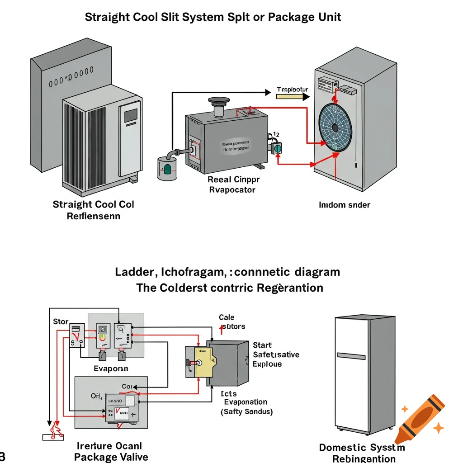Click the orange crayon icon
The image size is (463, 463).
tap(419, 419)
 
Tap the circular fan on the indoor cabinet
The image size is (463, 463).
tap(335, 128)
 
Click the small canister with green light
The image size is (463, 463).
tap(167, 169)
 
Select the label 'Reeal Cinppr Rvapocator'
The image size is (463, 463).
tap(233, 184)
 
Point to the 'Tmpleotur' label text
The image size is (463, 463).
tap(292, 90)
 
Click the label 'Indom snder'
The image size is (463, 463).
tap(344, 205)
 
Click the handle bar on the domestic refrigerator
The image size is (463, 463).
tap(351, 356)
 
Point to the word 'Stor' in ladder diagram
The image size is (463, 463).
tap(61, 321)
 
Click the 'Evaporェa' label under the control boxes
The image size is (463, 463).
tap(111, 369)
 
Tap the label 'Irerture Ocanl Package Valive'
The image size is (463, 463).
tap(111, 451)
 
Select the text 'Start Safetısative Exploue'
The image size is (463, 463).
tap(275, 354)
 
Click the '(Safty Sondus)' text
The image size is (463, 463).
tap(246, 412)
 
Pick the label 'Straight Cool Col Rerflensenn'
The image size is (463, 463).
tap(93, 210)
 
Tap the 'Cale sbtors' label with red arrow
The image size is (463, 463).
tap(232, 321)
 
